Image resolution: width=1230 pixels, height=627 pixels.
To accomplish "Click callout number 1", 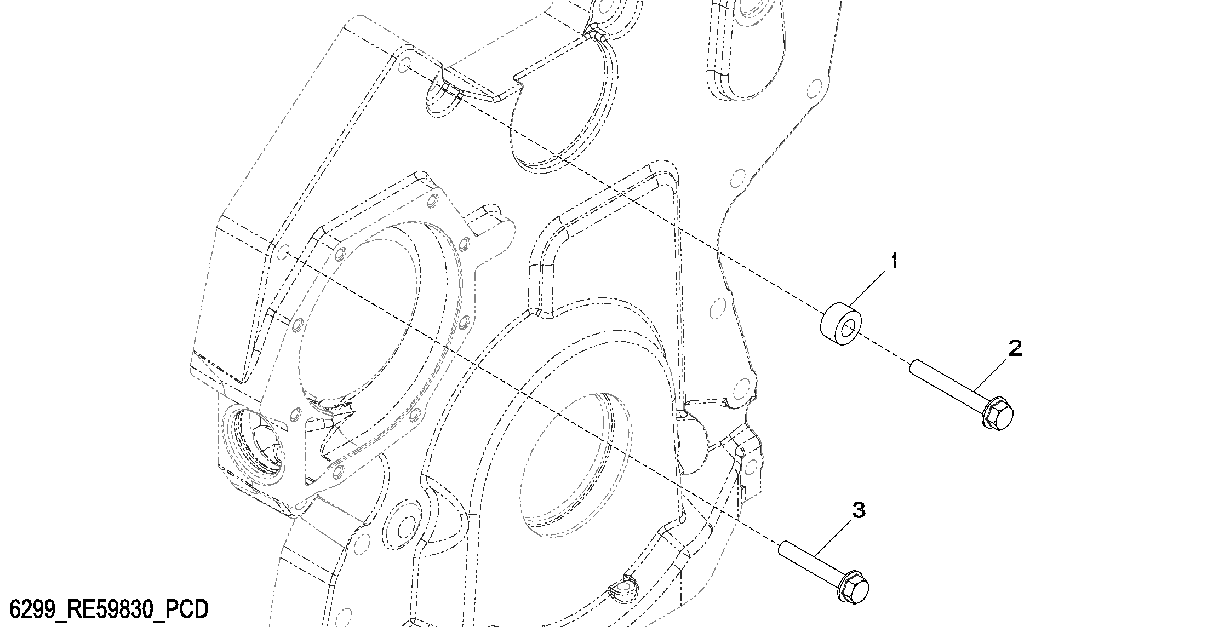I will (894, 261).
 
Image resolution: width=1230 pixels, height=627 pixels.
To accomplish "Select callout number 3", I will (859, 510).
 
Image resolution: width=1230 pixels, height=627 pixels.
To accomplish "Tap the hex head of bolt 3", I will (854, 588).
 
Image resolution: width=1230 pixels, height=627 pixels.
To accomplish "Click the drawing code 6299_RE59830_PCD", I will (109, 609).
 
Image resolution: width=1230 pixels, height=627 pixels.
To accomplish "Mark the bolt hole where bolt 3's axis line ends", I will (284, 253).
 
